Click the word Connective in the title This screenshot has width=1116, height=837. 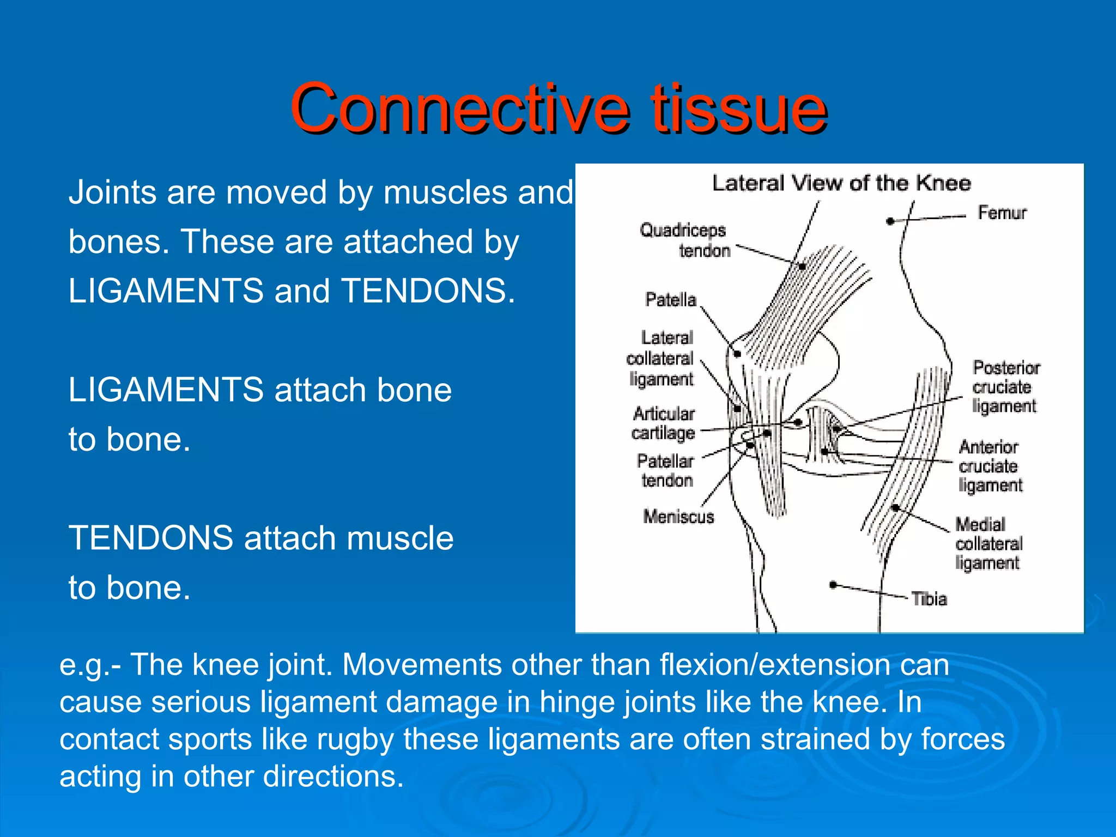click(x=459, y=108)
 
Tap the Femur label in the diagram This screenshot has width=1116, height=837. click(x=1002, y=213)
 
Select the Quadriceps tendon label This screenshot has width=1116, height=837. click(x=684, y=240)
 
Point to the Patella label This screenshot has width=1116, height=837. click(x=670, y=300)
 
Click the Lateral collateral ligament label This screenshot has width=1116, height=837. click(x=660, y=359)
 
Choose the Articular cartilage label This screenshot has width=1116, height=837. click(x=663, y=423)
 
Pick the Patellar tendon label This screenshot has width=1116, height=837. click(x=665, y=471)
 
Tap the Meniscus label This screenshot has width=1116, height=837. click(x=678, y=517)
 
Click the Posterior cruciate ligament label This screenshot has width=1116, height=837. click(x=1005, y=387)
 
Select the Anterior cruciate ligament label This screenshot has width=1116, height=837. click(x=990, y=466)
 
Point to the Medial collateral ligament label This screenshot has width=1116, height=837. click(x=988, y=543)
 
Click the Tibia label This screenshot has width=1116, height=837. click(x=930, y=599)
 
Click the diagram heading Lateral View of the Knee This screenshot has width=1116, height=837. click(x=841, y=184)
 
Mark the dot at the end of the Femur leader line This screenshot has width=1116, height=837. click(x=890, y=221)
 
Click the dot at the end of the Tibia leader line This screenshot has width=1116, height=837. click(x=833, y=585)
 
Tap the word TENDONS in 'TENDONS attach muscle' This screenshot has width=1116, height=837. click(x=150, y=538)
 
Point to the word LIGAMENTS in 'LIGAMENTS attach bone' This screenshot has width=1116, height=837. click(x=166, y=390)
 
